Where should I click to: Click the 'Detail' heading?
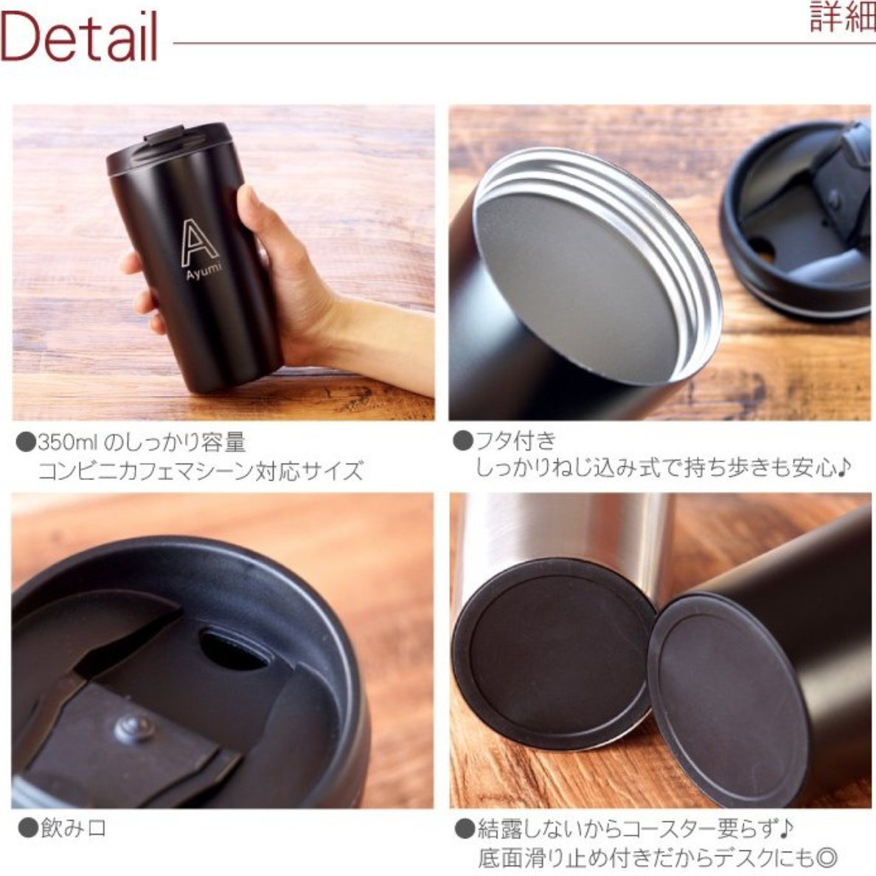point(80,36)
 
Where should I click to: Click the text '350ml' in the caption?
point(68,442)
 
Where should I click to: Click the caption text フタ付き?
point(515,440)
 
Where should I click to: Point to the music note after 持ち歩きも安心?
point(844,466)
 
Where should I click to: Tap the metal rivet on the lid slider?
point(133,728)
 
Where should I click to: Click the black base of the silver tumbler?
point(553,653)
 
